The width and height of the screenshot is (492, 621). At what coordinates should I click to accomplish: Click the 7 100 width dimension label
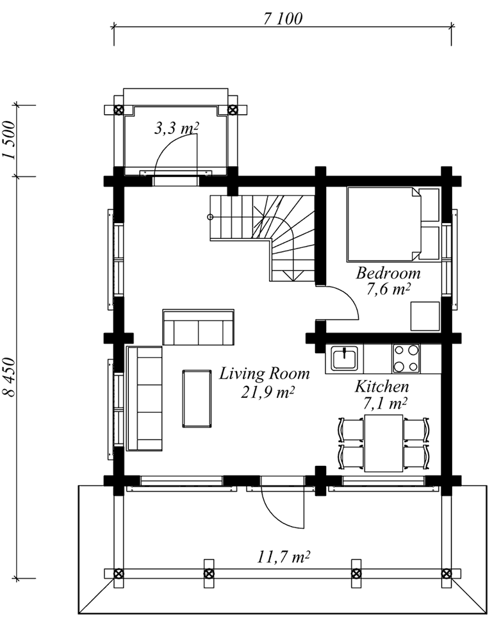pyautogui.click(x=283, y=19)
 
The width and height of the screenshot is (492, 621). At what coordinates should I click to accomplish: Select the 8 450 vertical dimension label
pyautogui.click(x=10, y=377)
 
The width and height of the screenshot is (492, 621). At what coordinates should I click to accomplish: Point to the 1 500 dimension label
pyautogui.click(x=10, y=140)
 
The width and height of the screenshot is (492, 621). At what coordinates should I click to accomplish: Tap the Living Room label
pyautogui.click(x=265, y=374)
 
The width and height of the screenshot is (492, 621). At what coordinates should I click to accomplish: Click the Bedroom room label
pyautogui.click(x=388, y=273)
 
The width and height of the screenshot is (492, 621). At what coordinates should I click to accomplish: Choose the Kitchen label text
pyautogui.click(x=382, y=386)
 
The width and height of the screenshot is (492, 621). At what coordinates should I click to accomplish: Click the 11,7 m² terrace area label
pyautogui.click(x=283, y=558)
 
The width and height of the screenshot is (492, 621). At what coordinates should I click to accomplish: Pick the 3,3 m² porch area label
pyautogui.click(x=176, y=128)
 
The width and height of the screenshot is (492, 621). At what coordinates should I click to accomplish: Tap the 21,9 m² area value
pyautogui.click(x=268, y=392)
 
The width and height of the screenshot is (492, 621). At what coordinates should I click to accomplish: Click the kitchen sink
pyautogui.click(x=345, y=358)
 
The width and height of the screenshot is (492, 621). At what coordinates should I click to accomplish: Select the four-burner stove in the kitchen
pyautogui.click(x=406, y=358)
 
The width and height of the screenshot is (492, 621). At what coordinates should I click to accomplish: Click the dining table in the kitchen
pyautogui.click(x=384, y=443)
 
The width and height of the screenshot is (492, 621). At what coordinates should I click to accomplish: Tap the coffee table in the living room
pyautogui.click(x=197, y=399)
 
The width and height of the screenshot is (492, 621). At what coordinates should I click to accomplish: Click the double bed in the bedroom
pyautogui.click(x=394, y=224)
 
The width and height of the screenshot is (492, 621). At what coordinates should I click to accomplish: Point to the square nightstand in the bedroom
pyautogui.click(x=425, y=316)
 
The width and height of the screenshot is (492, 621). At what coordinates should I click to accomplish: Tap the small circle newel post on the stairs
pyautogui.click(x=210, y=217)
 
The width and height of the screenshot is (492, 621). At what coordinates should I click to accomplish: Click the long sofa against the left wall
pyautogui.click(x=145, y=399)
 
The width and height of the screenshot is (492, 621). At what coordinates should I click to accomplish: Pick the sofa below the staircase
pyautogui.click(x=198, y=327)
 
